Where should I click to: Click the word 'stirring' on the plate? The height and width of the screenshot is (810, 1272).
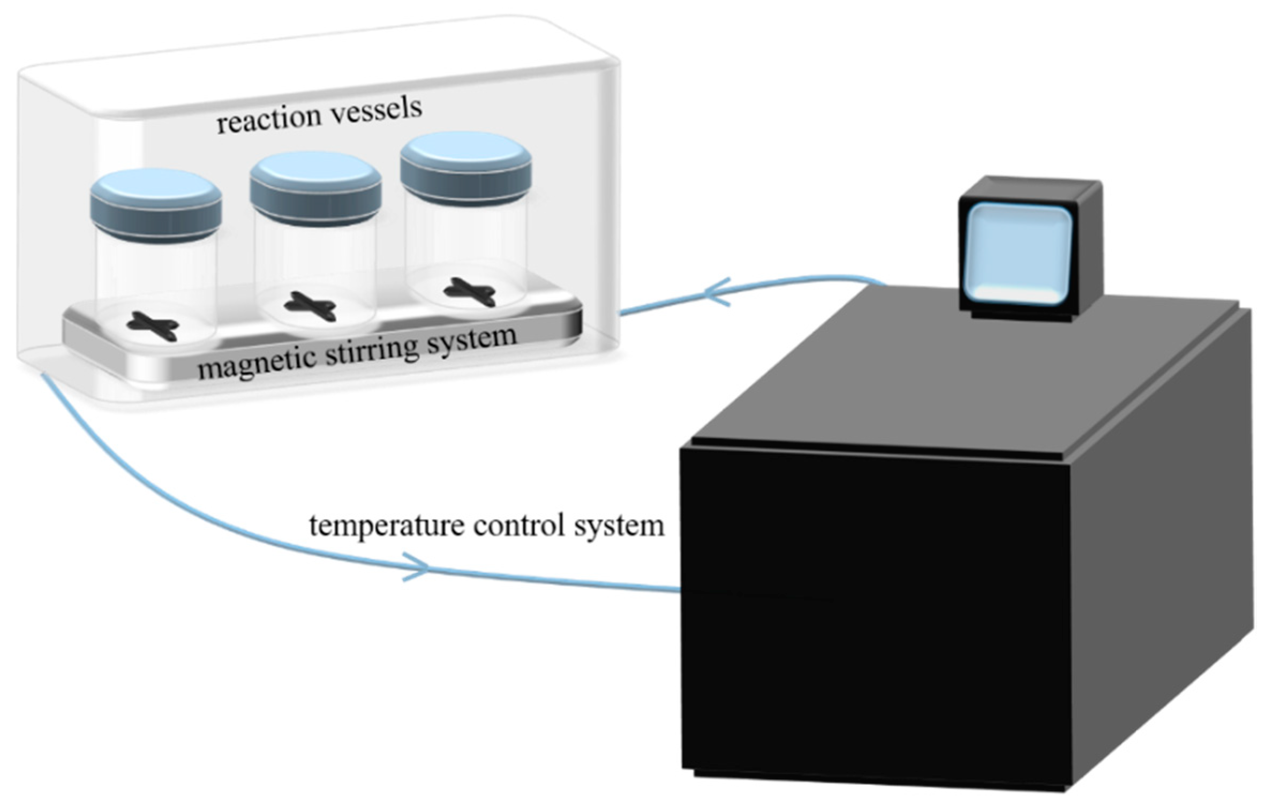point(371,350)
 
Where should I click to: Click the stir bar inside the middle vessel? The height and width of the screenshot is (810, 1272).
point(310,307)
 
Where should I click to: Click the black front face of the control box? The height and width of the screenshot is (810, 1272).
point(873,616)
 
